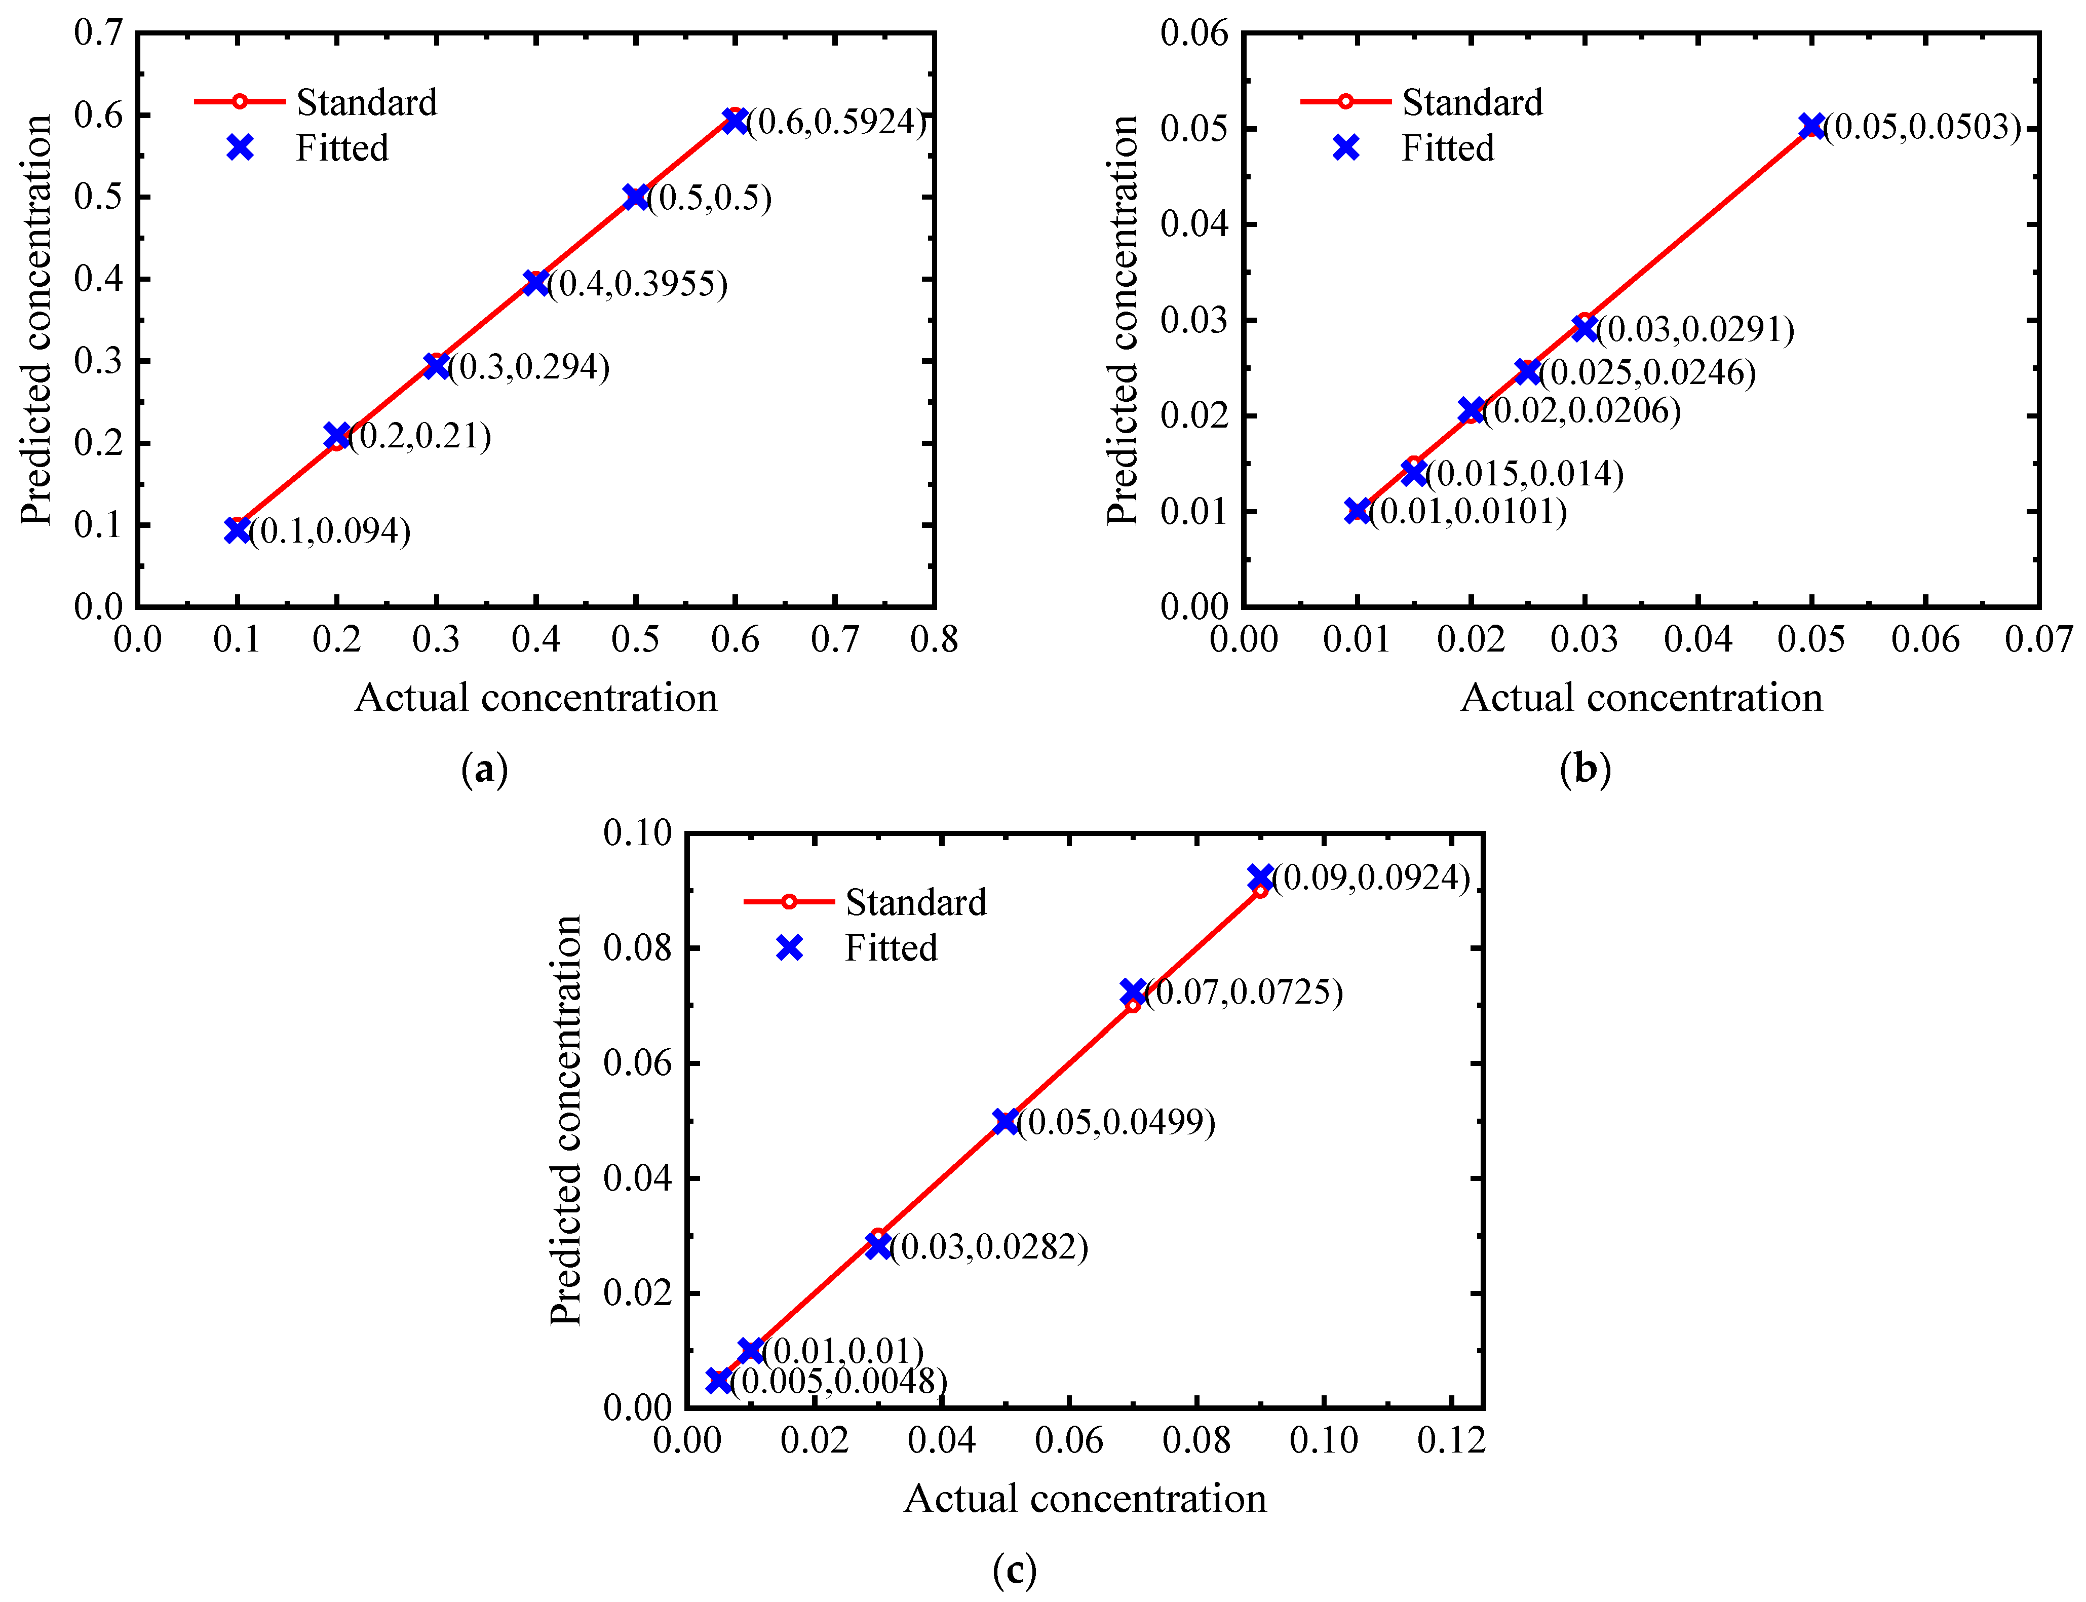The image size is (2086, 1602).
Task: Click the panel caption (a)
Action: click(x=484, y=769)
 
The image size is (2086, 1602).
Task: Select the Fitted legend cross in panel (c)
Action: click(x=789, y=948)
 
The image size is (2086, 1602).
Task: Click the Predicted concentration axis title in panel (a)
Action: click(x=36, y=320)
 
